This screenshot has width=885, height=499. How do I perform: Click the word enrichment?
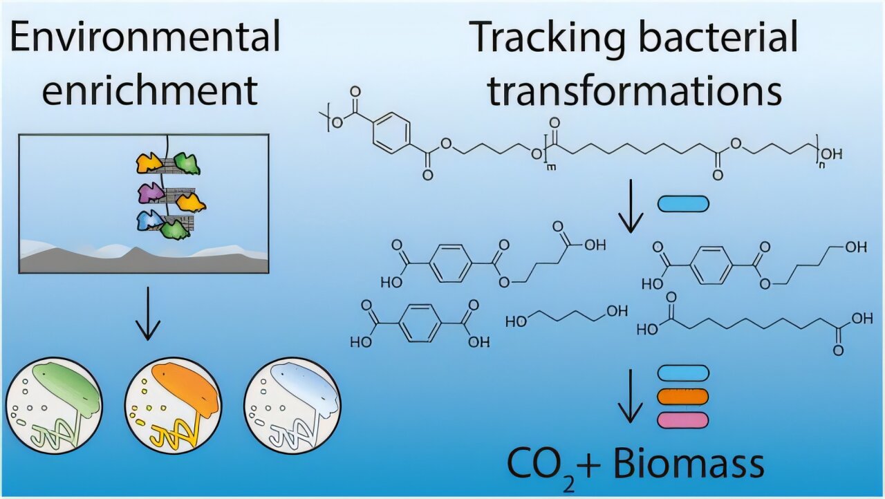149,90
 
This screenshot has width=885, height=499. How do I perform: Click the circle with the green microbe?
54,405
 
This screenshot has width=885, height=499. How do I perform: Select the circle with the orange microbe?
173,405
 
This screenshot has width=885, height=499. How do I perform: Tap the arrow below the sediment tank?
146,315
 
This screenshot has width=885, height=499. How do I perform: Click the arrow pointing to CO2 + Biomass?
630,397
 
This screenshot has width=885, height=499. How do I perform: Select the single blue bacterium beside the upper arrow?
682,203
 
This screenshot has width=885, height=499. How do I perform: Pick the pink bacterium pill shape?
682,419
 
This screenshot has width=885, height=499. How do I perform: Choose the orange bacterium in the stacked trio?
682,397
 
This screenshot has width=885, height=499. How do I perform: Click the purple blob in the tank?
150,191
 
